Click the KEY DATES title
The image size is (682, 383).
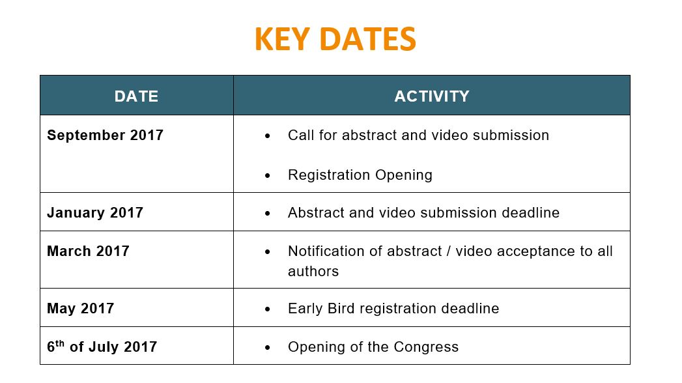click(x=335, y=39)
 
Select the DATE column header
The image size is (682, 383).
click(x=136, y=96)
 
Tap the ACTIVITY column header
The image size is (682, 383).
click(x=431, y=96)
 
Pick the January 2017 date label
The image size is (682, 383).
click(x=95, y=212)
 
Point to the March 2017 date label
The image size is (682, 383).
click(x=89, y=251)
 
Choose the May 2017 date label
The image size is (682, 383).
click(x=81, y=308)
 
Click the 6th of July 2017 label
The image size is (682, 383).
click(x=102, y=347)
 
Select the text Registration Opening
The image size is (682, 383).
click(x=360, y=175)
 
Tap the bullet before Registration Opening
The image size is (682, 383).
click(x=268, y=176)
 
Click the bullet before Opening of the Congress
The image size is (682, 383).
click(x=268, y=347)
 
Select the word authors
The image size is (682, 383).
click(x=313, y=271)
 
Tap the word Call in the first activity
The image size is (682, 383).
click(x=301, y=135)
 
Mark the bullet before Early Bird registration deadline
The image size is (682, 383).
click(x=268, y=309)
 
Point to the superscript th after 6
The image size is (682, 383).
click(x=60, y=343)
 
